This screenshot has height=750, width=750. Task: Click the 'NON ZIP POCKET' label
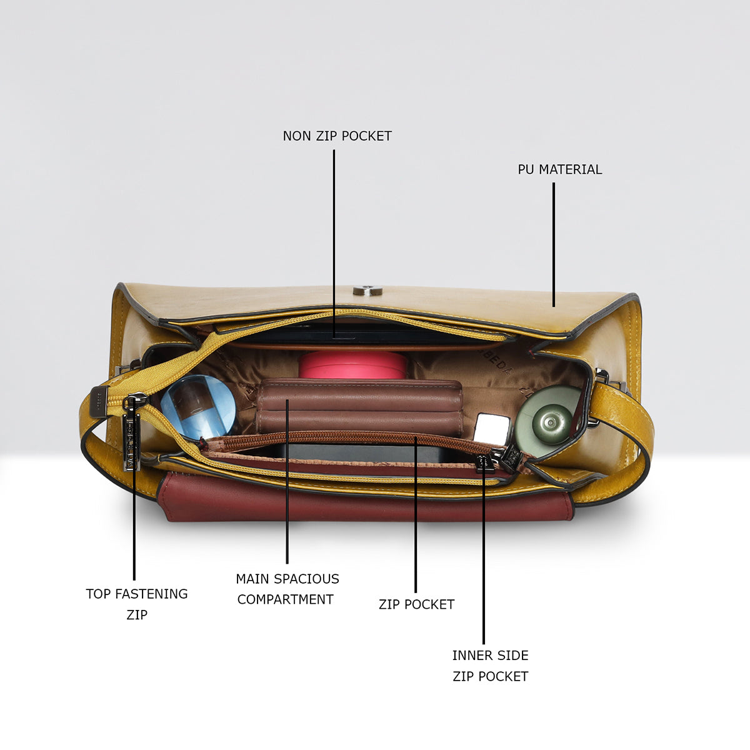click(x=337, y=136)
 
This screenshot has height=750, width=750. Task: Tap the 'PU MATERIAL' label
click(x=559, y=169)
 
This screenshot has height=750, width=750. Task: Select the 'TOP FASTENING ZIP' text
click(x=137, y=604)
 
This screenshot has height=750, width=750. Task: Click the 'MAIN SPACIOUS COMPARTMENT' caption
click(x=287, y=589)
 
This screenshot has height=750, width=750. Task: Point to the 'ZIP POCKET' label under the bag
click(x=416, y=604)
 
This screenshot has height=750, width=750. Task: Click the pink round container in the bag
click(x=352, y=364)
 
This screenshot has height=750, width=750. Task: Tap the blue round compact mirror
click(x=198, y=407)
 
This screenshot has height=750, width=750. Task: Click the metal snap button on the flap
click(x=367, y=291)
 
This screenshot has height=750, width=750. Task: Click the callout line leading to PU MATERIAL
click(x=554, y=244)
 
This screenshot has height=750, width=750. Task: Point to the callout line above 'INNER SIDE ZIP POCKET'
click(x=484, y=551)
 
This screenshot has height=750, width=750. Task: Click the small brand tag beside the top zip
click(x=98, y=402)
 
